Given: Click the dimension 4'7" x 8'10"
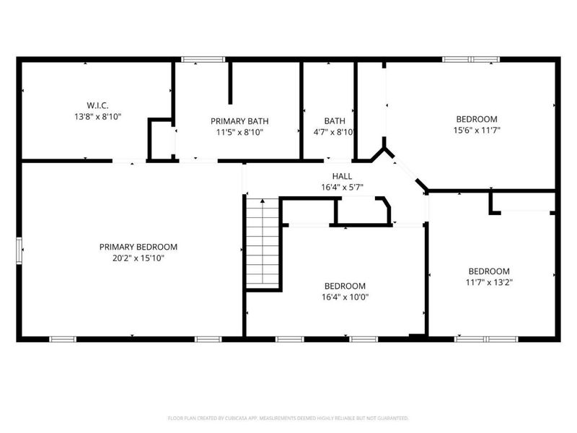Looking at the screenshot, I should (335, 132).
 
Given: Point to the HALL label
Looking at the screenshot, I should (342, 176).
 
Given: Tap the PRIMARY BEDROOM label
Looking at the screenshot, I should (138, 247).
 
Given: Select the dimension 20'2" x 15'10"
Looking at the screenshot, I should (138, 258).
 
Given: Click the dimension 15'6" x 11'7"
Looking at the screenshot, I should (477, 131).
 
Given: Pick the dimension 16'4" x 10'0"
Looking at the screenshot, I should (345, 297).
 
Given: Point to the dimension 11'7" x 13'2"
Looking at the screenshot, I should (489, 283).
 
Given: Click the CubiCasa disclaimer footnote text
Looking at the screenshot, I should (288, 418).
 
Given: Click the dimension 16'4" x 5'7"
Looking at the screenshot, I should (342, 187).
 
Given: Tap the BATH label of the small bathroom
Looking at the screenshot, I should (335, 121).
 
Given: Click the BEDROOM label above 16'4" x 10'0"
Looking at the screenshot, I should (345, 286).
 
